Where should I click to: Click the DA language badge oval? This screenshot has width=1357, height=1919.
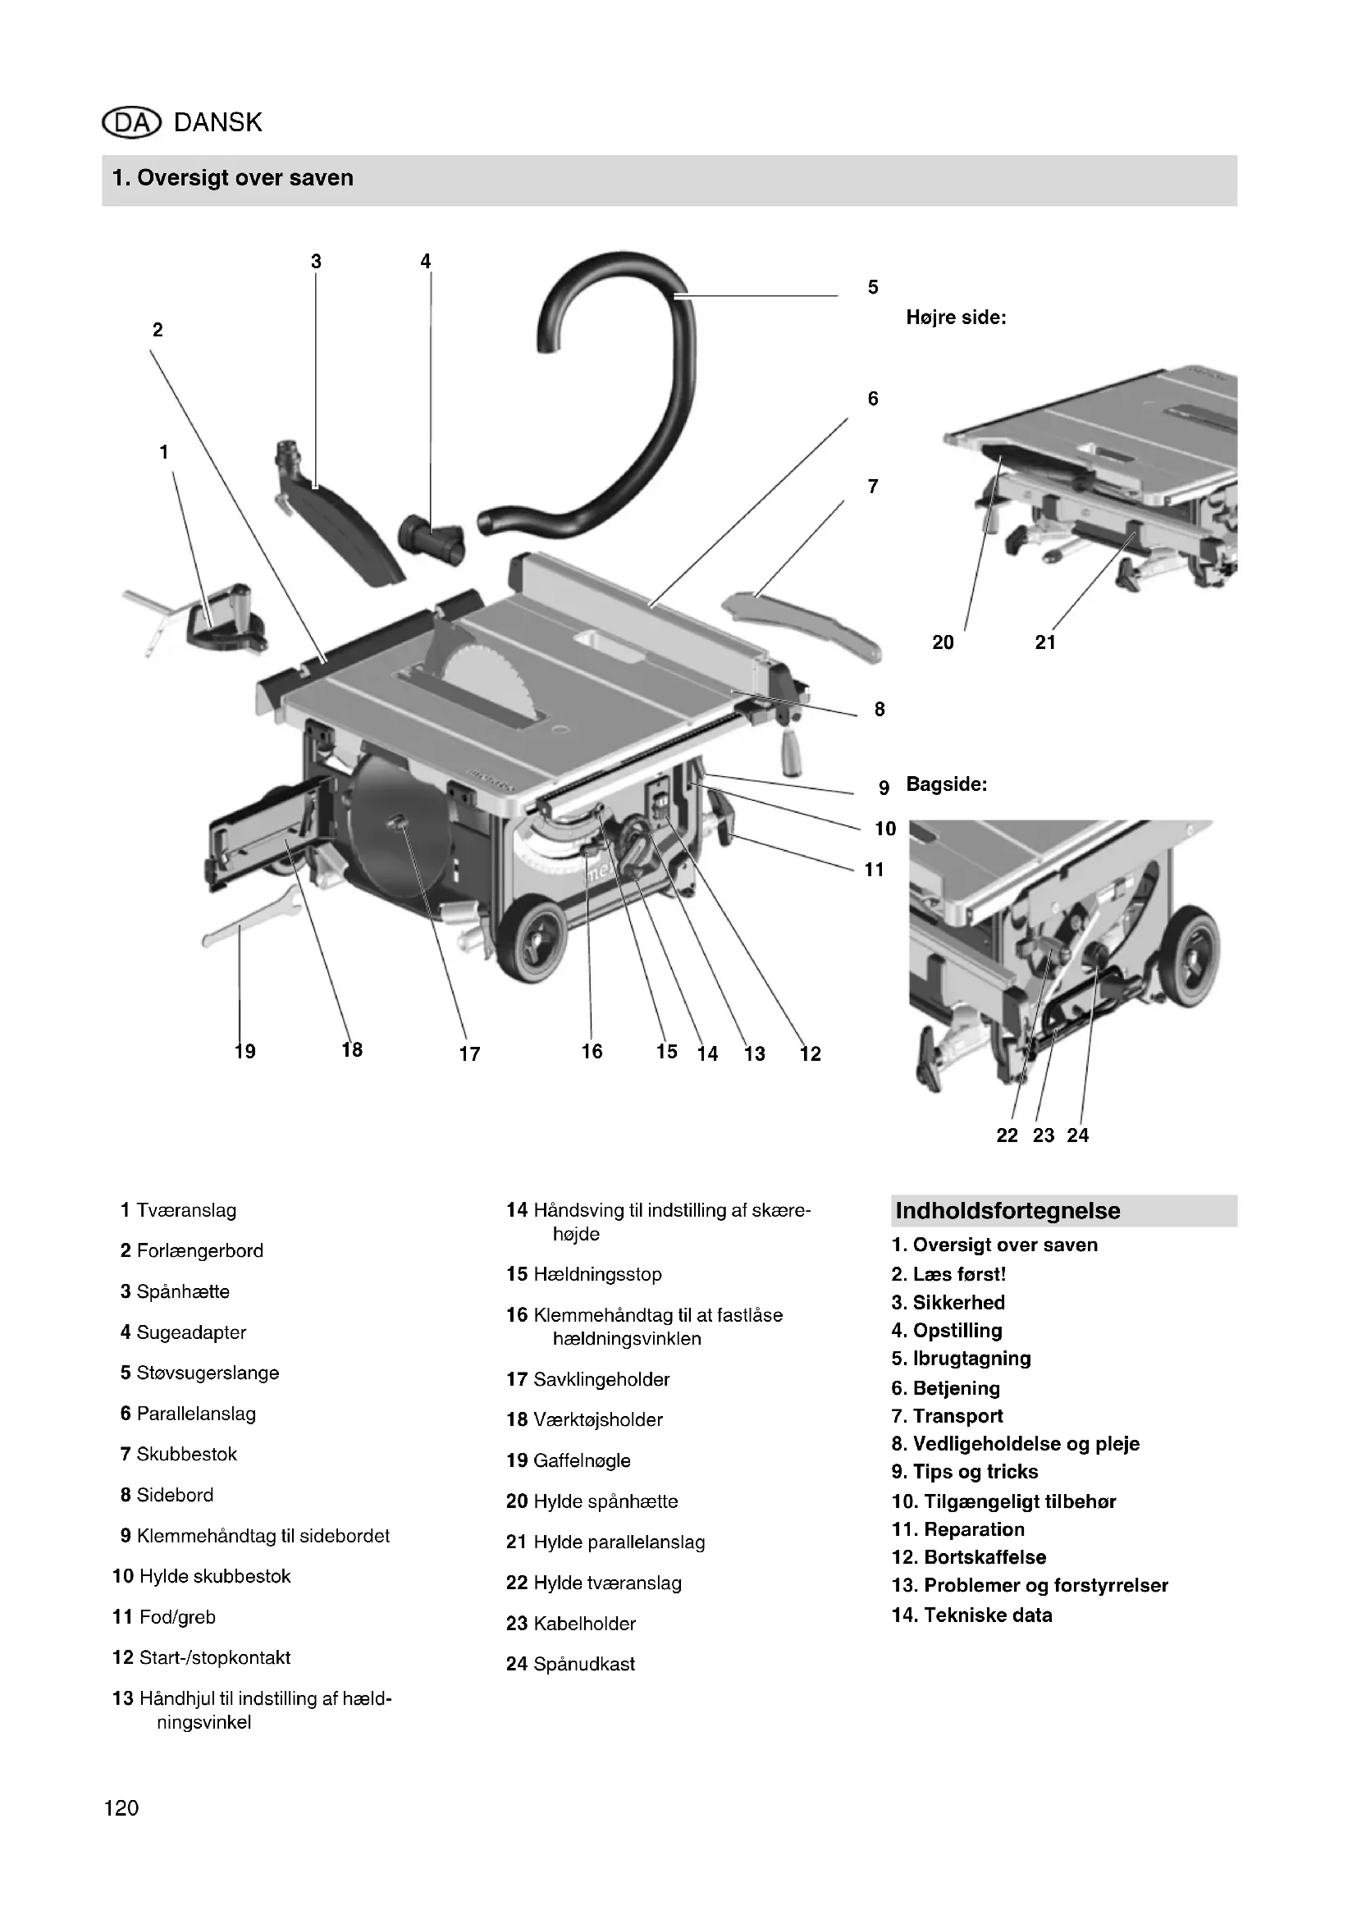click(130, 123)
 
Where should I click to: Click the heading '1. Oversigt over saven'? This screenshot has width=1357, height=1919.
click(233, 178)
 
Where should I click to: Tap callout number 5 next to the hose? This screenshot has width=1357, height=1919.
click(872, 287)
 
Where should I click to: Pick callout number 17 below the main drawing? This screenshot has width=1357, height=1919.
click(469, 1054)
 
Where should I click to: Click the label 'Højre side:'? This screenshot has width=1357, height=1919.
click(956, 318)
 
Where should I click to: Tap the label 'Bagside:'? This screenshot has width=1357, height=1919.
click(947, 785)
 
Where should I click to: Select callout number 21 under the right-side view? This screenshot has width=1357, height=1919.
click(1045, 642)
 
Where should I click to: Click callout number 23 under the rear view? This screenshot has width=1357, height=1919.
click(1044, 1135)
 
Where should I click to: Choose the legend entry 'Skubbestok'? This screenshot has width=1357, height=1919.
click(186, 1455)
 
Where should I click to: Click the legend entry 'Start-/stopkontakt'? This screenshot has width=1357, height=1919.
click(215, 1657)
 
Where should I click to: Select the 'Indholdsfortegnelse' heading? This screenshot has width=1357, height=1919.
click(1007, 1210)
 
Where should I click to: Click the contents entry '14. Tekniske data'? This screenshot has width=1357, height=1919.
click(971, 1615)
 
